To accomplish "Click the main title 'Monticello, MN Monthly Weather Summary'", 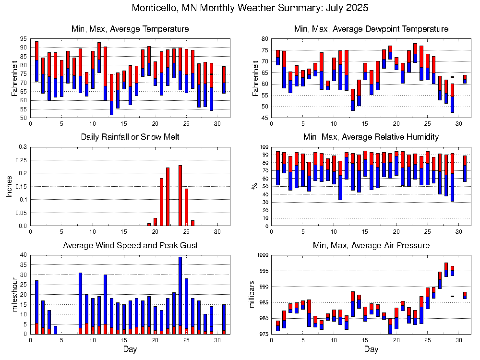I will (250, 8).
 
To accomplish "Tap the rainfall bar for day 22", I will (168, 197).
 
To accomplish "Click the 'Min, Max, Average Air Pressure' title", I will (371, 246).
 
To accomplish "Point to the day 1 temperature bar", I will (36, 61).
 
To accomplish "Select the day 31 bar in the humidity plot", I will (465, 168).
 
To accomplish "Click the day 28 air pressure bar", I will (446, 270).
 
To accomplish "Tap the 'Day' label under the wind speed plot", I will (130, 349).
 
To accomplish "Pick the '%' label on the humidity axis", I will (255, 186).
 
